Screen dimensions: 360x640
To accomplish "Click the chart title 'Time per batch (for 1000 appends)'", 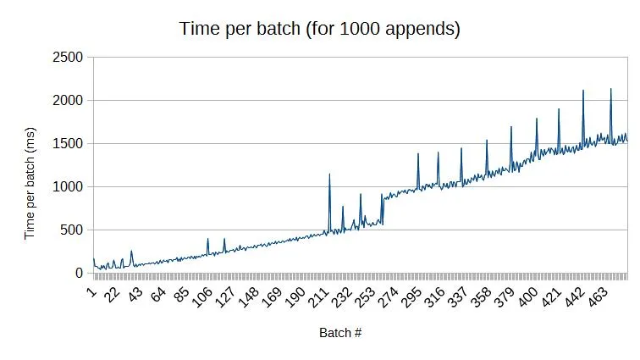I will pyautogui.click(x=320, y=28).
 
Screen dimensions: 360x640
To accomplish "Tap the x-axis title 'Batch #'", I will pyautogui.click(x=340, y=332).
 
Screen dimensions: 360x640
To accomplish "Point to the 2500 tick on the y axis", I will pyautogui.click(x=69, y=58).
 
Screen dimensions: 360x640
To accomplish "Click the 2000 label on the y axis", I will pyautogui.click(x=69, y=101).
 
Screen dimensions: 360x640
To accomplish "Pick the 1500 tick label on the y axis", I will pyautogui.click(x=69, y=144).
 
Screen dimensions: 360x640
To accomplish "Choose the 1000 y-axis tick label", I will pyautogui.click(x=69, y=187).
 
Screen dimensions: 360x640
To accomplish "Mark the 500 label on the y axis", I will pyautogui.click(x=73, y=230).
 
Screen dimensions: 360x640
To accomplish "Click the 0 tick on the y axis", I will pyautogui.click(x=80, y=274).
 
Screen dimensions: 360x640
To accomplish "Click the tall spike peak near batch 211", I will pyautogui.click(x=329, y=174).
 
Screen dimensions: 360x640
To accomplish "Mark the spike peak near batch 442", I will pyautogui.click(x=583, y=91).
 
